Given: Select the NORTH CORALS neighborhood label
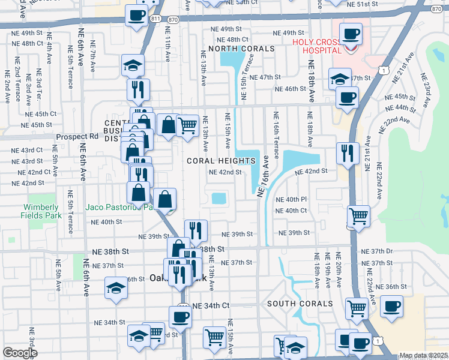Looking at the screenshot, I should click(241, 48).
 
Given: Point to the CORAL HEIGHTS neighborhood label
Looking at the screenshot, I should click(221, 161).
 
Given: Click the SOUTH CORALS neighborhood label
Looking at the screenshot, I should click(300, 304).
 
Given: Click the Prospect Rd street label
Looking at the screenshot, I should click(77, 137).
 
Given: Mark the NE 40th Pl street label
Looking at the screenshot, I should click(291, 199).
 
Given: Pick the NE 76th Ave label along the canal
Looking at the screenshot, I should click(262, 178).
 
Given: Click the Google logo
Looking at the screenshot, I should click(20, 353).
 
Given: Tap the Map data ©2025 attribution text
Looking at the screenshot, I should click(423, 355).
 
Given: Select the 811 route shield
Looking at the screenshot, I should click(157, 19).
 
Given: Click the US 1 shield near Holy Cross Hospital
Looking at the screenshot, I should click(382, 71).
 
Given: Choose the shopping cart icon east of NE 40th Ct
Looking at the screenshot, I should click(358, 215).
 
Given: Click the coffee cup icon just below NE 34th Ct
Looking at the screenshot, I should click(179, 316).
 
